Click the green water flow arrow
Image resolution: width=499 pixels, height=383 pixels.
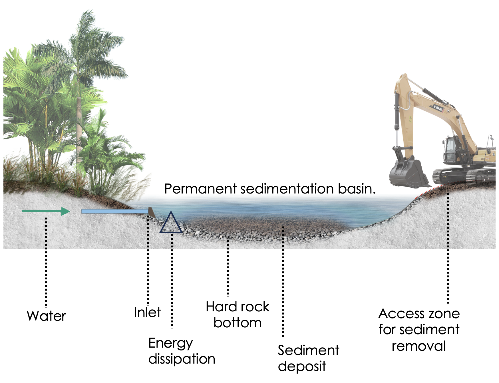46,211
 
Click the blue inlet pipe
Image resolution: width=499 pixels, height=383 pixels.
114,211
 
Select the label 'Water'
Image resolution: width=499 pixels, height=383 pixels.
46,316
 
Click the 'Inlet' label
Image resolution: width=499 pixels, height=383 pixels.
147,312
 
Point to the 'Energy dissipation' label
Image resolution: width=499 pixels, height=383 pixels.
182,351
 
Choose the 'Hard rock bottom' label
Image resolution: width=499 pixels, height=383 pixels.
238,315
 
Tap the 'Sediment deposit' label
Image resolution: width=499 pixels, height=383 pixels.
308,358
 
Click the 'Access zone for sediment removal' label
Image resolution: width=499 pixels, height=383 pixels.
419,330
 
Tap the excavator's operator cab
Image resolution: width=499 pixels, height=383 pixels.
451,148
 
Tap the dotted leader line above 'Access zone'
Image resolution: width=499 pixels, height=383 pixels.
448,248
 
